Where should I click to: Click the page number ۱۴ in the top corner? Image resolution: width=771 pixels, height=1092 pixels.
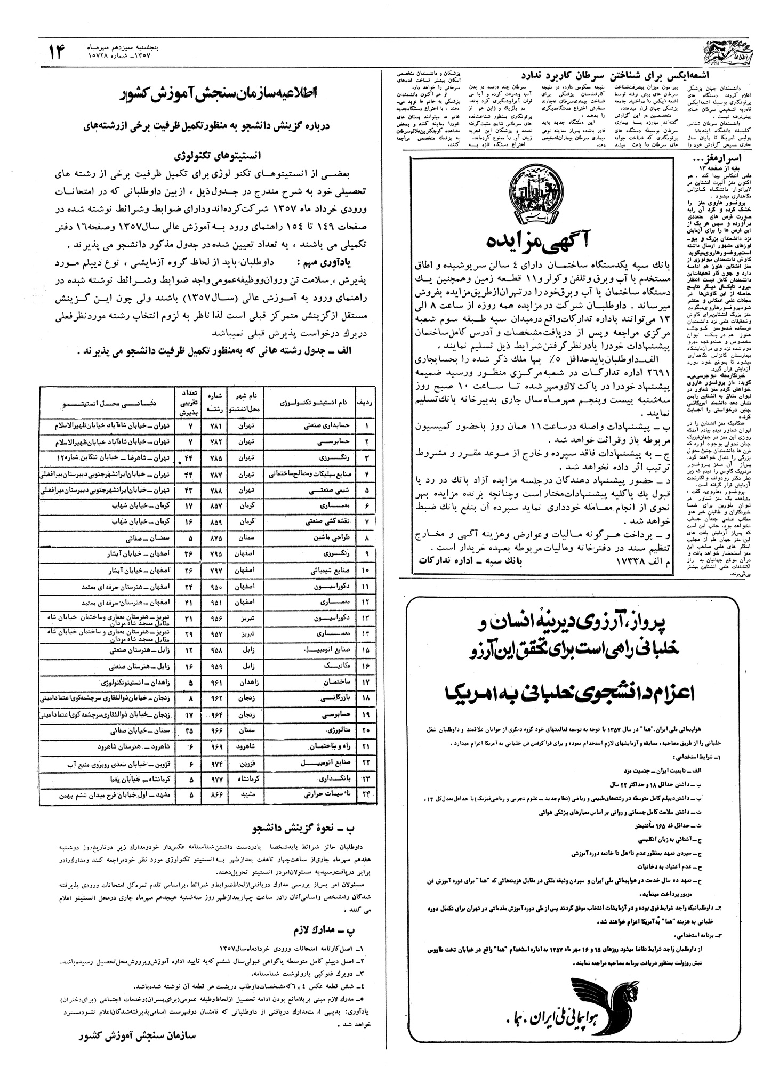tap(57, 52)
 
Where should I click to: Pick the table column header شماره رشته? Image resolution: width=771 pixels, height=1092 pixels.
tap(214, 404)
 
